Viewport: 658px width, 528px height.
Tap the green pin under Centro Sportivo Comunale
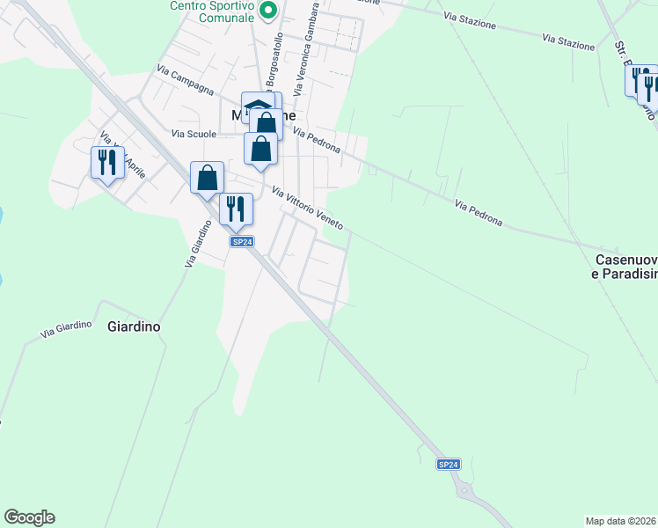pos(271,11)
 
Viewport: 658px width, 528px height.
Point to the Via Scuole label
pos(194,134)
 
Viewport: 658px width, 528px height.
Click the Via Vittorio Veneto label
pos(307,209)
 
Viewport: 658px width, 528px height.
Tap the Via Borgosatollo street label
pos(274,62)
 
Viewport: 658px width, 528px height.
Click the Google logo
pos(29,517)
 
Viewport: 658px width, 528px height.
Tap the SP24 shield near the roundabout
pos(449,464)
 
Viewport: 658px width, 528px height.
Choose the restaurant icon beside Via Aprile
pos(107,162)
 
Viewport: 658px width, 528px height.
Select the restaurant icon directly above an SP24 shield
pos(236,209)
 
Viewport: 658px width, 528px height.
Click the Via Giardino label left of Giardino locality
pos(66,331)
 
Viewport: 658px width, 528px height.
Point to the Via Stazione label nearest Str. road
pos(568,41)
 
